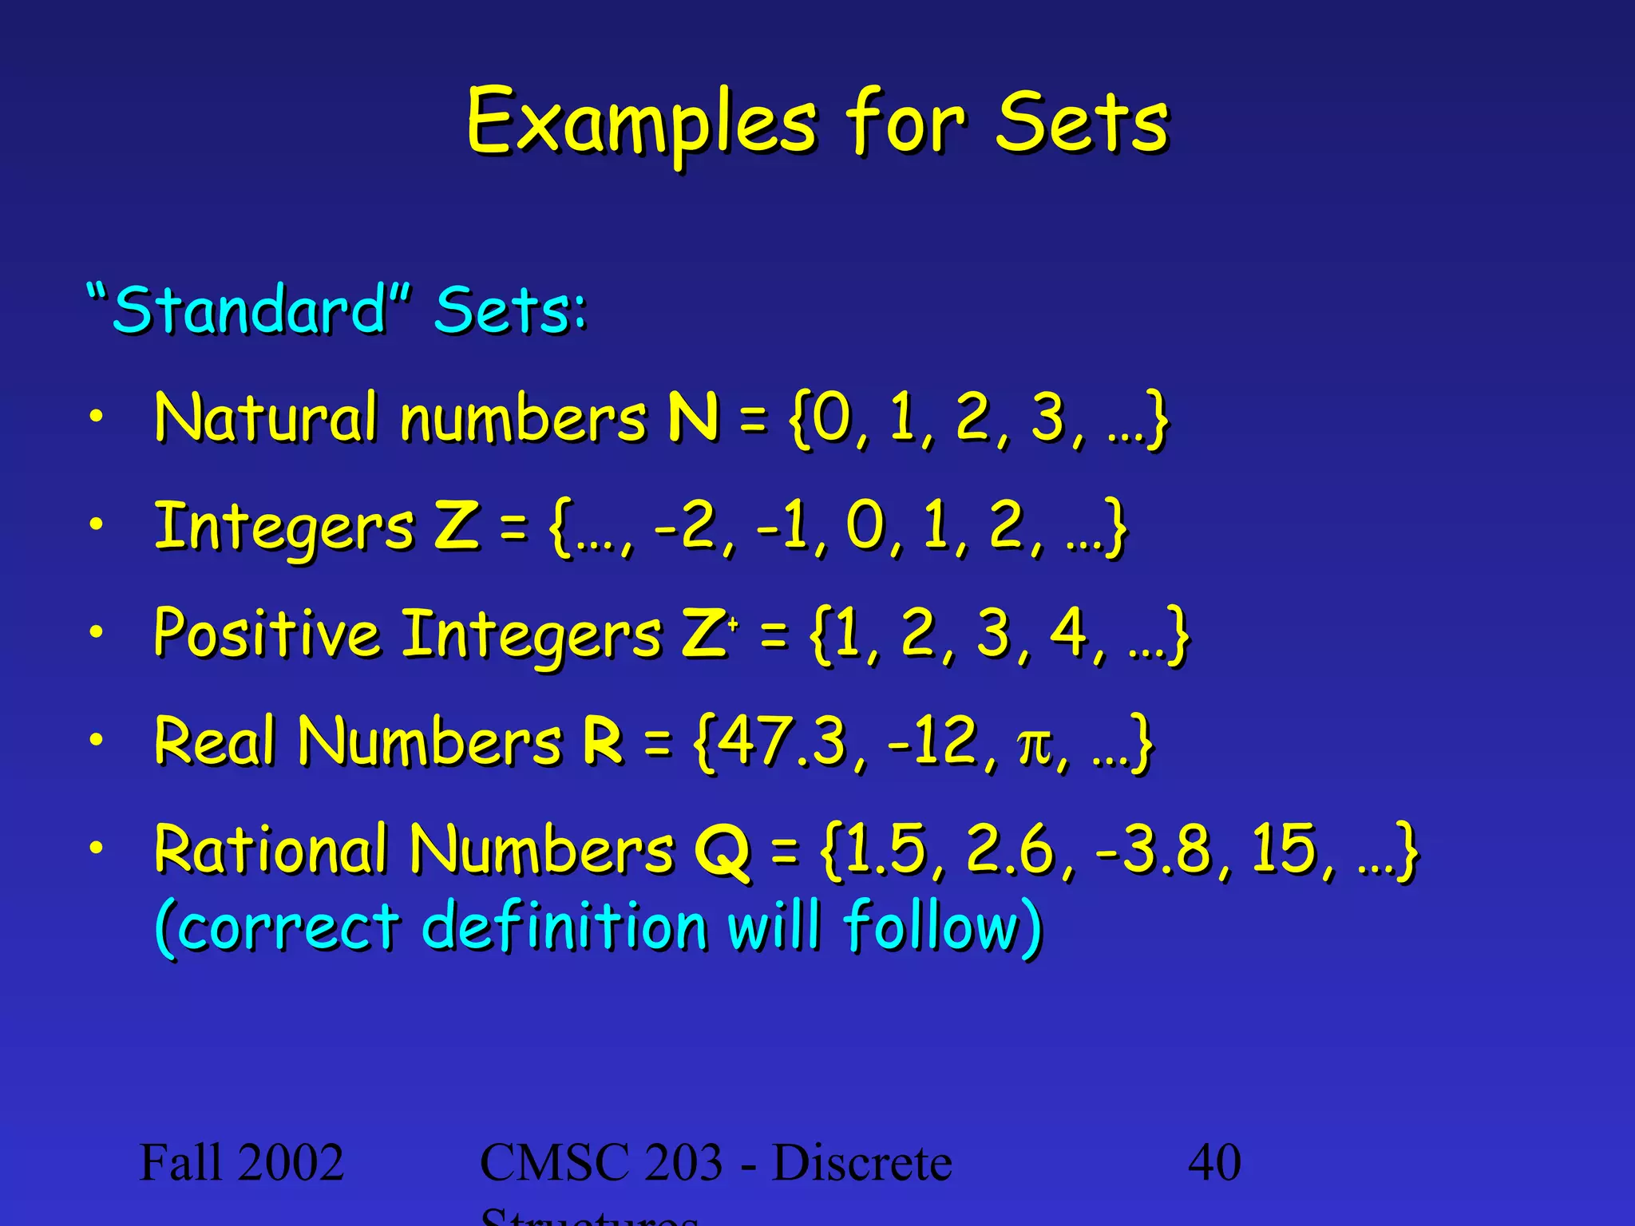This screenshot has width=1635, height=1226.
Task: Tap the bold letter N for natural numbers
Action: (693, 417)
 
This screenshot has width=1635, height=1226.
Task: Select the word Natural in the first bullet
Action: (264, 417)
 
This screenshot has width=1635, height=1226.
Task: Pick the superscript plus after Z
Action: (733, 625)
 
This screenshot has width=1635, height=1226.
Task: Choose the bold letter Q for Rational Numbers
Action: (722, 851)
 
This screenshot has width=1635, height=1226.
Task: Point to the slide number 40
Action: (1213, 1162)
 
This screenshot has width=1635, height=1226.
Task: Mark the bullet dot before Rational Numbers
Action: (96, 848)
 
